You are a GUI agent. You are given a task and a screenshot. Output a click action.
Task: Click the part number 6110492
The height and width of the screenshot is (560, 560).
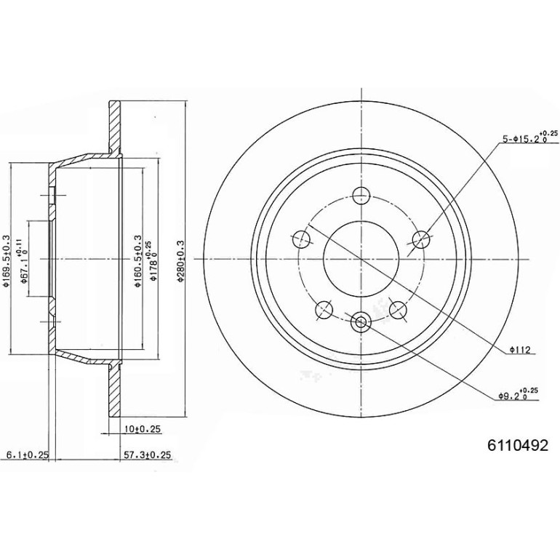point(518,445)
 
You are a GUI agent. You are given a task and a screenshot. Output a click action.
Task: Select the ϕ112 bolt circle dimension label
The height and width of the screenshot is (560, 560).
point(520,349)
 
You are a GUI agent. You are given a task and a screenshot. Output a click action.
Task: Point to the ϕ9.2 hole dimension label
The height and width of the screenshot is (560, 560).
point(518,395)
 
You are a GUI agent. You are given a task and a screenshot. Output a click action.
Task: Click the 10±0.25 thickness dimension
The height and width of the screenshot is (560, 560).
point(143,428)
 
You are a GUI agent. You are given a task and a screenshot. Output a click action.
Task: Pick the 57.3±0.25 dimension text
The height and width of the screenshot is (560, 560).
point(147,455)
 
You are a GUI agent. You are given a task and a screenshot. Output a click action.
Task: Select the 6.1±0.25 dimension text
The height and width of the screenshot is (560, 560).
point(27,455)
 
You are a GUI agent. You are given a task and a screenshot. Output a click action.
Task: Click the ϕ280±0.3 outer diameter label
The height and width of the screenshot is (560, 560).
point(180,261)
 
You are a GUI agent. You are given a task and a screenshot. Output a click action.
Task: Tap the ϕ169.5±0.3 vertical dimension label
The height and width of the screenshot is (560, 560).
point(6,260)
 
